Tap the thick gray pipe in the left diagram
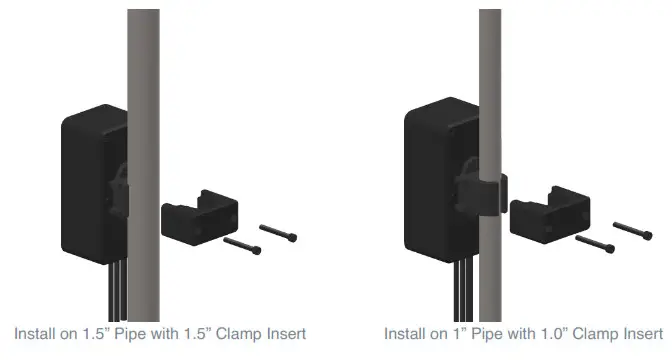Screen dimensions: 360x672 click(x=143, y=100)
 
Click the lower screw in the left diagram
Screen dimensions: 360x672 click(x=243, y=245)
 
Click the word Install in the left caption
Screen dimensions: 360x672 click(x=36, y=333)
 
